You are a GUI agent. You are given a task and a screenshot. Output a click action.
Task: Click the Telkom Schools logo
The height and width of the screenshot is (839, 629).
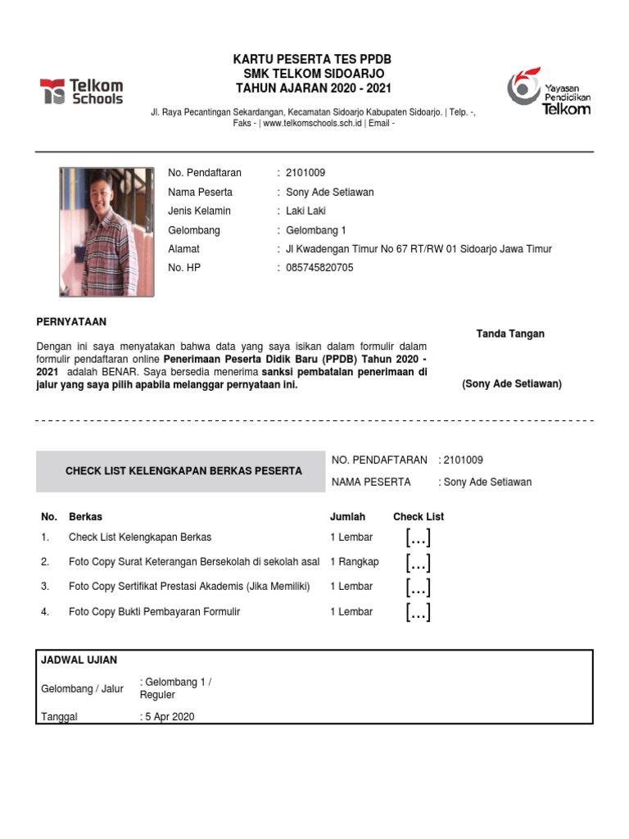(82, 91)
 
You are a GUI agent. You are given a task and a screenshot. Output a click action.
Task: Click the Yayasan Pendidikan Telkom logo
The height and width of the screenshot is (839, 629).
(548, 91)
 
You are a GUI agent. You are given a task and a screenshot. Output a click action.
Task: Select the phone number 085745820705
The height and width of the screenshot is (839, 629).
(319, 267)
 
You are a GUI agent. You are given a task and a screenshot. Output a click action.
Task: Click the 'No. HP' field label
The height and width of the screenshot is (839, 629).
(184, 267)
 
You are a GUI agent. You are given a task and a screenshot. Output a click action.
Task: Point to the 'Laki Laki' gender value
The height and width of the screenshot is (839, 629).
(305, 211)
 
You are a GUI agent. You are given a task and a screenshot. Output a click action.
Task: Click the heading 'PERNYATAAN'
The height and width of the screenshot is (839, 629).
(72, 322)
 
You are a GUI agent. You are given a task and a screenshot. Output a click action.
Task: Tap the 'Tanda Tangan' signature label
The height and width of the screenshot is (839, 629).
(510, 333)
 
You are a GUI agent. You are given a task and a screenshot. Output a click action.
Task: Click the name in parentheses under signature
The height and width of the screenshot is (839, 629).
(512, 384)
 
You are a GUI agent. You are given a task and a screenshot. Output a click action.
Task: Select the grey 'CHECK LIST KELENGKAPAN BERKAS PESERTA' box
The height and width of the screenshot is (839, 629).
(183, 471)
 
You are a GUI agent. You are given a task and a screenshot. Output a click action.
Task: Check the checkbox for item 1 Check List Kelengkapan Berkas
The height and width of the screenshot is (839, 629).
(418, 538)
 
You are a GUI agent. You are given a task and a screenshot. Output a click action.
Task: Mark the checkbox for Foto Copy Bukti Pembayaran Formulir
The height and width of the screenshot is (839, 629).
(418, 612)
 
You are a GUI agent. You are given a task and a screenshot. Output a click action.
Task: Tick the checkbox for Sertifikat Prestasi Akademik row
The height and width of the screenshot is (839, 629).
(418, 587)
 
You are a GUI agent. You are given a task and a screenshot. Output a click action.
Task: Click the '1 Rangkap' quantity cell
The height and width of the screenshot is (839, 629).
(355, 562)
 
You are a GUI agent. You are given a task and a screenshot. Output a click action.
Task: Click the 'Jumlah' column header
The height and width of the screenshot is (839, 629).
(347, 517)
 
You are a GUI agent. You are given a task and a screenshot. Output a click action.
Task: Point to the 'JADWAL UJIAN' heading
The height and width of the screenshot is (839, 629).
(79, 660)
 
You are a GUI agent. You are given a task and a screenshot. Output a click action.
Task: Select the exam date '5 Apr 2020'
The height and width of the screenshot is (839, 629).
(170, 717)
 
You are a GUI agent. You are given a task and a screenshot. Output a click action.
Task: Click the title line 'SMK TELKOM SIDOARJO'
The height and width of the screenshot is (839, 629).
(314, 74)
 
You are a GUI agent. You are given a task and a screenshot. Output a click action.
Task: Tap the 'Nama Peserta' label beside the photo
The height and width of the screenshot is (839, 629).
(200, 192)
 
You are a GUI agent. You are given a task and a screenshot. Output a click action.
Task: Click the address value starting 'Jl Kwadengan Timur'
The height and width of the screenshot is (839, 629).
(419, 248)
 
